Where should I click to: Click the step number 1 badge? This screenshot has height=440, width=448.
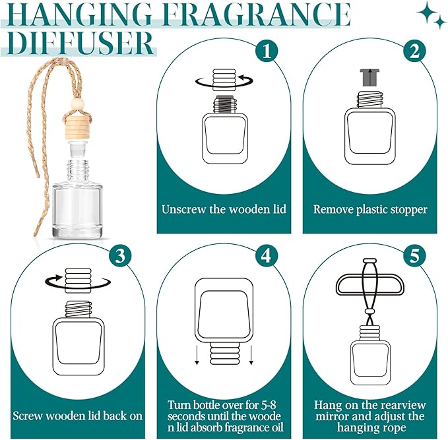(266, 51)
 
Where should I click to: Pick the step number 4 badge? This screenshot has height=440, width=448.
(266, 256)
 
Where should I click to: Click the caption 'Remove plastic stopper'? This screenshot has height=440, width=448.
(369, 210)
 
